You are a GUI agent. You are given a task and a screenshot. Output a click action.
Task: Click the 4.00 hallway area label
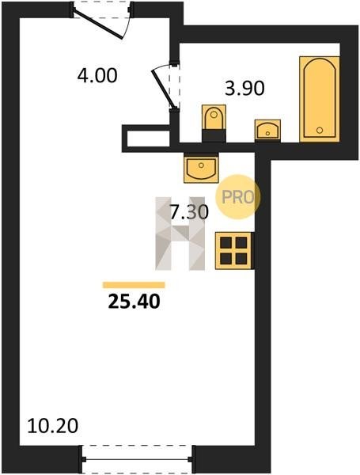click(97, 76)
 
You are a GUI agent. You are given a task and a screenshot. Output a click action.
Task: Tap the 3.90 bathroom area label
click(244, 88)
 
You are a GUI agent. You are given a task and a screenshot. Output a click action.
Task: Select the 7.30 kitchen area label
click(189, 212)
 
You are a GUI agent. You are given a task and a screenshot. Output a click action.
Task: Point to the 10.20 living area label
click(53, 426)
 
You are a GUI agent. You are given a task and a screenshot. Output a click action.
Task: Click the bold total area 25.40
click(134, 302)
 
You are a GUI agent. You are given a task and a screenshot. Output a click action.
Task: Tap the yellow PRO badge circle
click(238, 197)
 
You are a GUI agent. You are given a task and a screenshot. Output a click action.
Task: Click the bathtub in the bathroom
click(319, 99)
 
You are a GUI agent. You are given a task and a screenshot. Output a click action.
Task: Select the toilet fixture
click(214, 123)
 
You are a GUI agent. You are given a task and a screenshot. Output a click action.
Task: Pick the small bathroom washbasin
click(267, 130)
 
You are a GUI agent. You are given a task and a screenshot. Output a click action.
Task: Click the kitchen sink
click(201, 168)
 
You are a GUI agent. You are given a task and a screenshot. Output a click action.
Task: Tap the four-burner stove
click(233, 250)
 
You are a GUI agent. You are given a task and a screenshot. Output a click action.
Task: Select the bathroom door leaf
click(163, 89)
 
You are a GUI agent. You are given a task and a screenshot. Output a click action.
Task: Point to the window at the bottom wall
click(137, 459)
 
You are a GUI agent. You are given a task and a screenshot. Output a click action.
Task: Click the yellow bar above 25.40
click(134, 285)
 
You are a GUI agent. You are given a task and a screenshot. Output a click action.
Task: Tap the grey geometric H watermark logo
click(180, 234)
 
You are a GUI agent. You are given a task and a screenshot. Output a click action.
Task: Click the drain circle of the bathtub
click(320, 131)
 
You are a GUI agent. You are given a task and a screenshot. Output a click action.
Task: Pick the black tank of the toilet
click(214, 135)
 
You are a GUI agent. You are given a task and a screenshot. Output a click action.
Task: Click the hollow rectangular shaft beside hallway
click(146, 138)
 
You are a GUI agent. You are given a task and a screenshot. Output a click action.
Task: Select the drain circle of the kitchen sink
click(201, 165)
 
